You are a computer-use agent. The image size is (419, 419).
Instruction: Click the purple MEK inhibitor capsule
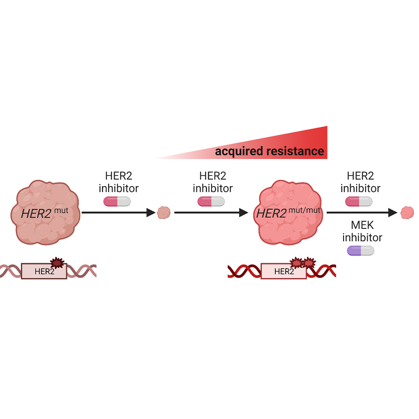pyautogui.click(x=361, y=251)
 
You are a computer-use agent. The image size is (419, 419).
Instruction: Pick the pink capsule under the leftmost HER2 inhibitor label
pyautogui.click(x=117, y=202)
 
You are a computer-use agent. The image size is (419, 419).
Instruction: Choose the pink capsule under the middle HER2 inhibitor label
pyautogui.click(x=211, y=202)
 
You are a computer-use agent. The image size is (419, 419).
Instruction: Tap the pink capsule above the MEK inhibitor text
pyautogui.click(x=359, y=202)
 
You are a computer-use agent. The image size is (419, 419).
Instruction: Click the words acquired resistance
pyautogui.click(x=269, y=151)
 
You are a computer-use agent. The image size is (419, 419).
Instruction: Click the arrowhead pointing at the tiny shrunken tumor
pyautogui.click(x=152, y=213)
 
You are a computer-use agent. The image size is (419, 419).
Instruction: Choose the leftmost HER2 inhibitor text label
pyautogui.click(x=118, y=181)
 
